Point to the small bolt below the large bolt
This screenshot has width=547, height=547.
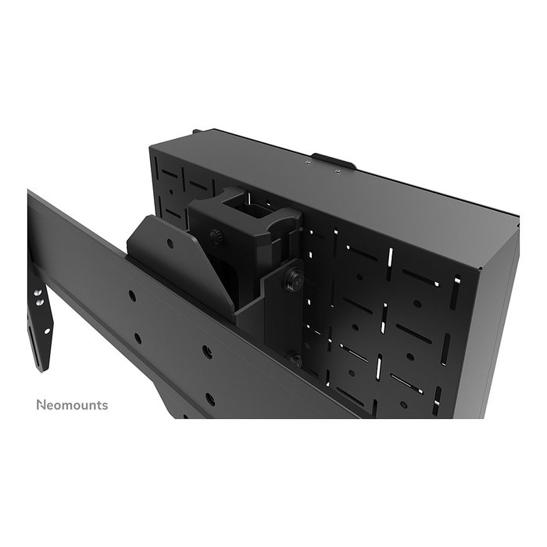coord(295,361)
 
